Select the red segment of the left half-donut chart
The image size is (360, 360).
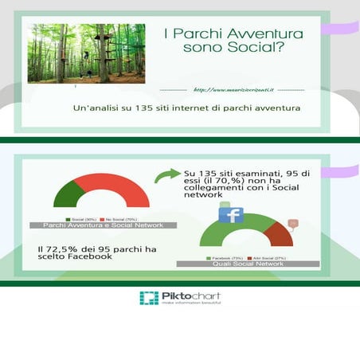[123, 191]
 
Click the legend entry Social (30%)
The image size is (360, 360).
[84, 218]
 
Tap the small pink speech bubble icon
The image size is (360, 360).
[293, 224]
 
